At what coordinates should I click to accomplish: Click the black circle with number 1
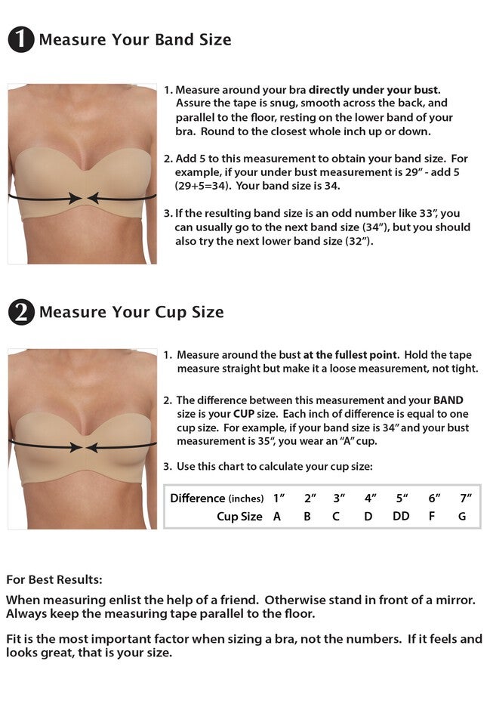(x=21, y=39)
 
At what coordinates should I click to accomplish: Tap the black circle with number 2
(x=21, y=312)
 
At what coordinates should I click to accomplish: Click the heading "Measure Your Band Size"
(x=135, y=39)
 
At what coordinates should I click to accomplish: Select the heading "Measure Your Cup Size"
(x=131, y=312)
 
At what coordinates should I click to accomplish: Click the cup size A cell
(x=277, y=517)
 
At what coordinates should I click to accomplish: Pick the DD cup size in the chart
(x=401, y=517)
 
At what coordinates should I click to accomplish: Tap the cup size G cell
(x=462, y=517)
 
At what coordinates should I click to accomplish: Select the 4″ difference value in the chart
(x=369, y=498)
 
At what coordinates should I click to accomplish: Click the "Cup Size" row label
(x=239, y=517)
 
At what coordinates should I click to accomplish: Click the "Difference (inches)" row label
(x=217, y=498)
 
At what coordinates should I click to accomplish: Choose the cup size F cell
(x=433, y=517)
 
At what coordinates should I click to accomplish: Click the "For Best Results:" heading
(x=54, y=580)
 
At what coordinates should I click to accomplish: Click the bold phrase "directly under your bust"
(x=374, y=90)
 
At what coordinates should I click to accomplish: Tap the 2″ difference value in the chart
(x=310, y=498)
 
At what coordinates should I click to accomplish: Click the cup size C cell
(x=336, y=517)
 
